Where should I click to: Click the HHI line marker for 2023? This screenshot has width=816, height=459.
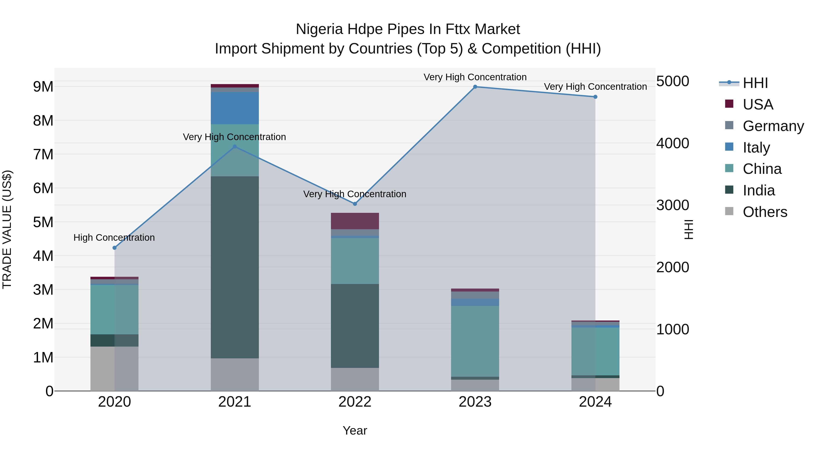coord(475,87)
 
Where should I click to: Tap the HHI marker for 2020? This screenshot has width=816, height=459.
coord(114,248)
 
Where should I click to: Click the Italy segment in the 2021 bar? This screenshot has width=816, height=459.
coord(235,108)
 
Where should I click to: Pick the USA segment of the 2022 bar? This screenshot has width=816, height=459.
coord(355,221)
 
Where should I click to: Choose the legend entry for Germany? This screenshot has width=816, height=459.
coord(773,126)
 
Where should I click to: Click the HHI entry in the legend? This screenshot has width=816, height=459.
coord(755,83)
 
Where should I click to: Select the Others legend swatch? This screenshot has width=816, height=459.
coord(729,211)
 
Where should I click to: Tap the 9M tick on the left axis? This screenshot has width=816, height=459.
coord(43,87)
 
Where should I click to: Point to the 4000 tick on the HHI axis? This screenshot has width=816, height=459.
coord(673,143)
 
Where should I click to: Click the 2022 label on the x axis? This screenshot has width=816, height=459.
coord(355,402)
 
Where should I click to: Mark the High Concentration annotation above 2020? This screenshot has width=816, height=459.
coord(114,238)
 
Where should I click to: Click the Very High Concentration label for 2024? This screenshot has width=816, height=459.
coord(595,87)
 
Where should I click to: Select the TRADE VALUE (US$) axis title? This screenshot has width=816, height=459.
coord(7,229)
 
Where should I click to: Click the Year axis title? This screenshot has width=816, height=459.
coord(355,430)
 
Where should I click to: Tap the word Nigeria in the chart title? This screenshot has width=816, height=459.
coord(319,29)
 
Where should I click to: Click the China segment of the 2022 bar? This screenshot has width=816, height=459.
coord(355,261)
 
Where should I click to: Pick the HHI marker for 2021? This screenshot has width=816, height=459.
coord(235,147)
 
